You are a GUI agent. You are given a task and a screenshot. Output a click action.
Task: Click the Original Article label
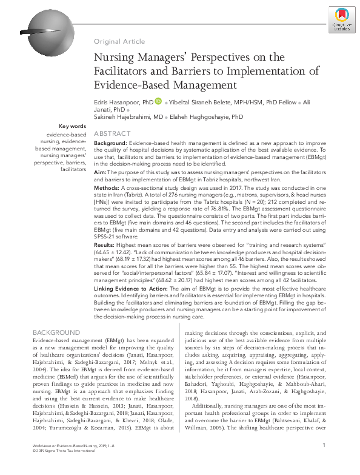119,41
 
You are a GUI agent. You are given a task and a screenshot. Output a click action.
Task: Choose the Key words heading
73,126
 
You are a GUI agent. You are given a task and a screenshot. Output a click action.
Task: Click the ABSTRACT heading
112,133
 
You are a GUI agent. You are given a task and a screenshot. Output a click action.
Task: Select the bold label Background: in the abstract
110,143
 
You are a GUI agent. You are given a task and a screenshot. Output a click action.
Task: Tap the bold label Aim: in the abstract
101,173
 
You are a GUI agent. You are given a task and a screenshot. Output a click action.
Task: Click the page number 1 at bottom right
325,462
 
